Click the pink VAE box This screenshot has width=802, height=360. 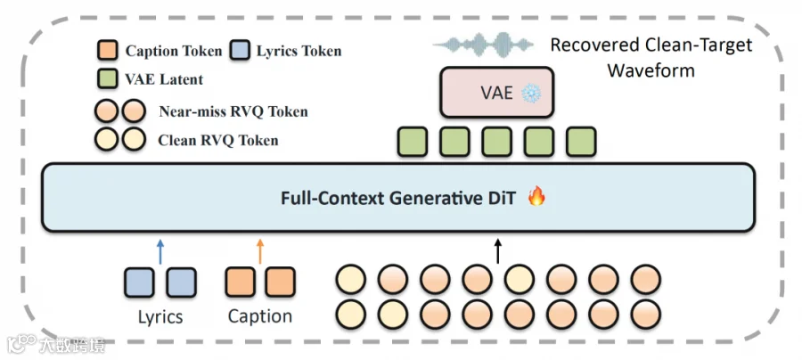[x=496, y=93]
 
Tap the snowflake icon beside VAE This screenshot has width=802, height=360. [x=531, y=94]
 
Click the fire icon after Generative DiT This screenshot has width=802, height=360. [x=536, y=196]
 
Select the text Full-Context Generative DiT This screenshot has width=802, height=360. [x=399, y=198]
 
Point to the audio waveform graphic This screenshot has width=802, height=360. [x=483, y=45]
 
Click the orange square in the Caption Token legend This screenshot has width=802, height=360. [x=108, y=51]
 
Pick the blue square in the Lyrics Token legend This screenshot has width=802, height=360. [x=239, y=51]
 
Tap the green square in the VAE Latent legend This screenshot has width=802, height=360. [x=108, y=78]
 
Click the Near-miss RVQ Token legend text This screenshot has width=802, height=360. [x=233, y=111]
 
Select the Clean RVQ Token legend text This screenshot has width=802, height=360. [x=218, y=140]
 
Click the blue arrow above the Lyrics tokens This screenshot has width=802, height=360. [x=160, y=251]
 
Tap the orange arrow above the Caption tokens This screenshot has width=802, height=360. [x=260, y=251]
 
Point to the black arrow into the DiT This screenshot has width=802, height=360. [x=498, y=251]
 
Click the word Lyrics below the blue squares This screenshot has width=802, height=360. [x=160, y=317]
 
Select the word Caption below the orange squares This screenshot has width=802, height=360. [x=260, y=316]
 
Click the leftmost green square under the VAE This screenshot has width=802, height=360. [x=413, y=142]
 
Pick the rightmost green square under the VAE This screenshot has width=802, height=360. [x=581, y=142]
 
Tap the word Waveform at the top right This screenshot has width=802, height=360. [x=651, y=70]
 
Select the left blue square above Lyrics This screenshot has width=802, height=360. [x=139, y=282]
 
